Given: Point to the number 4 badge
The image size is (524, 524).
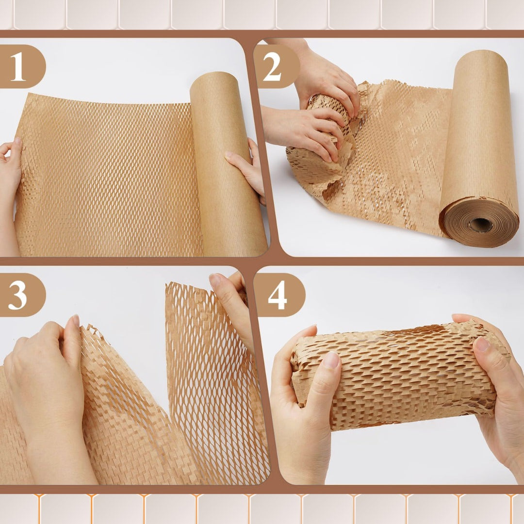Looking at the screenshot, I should point(278,295).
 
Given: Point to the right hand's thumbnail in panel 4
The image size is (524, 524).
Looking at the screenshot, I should point(482,344).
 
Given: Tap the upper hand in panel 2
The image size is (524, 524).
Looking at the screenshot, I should point(325,78).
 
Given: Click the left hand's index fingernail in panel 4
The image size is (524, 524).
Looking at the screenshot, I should point(332,360).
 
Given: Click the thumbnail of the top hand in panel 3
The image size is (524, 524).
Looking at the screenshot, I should point(215,280).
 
